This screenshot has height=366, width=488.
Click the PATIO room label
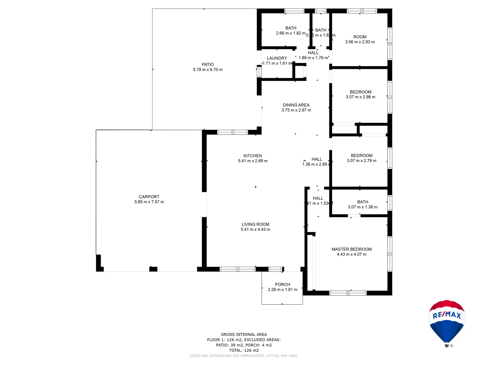[x=208, y=64]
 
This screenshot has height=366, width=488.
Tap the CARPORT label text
[x=149, y=197]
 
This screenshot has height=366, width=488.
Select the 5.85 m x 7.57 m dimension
[x=149, y=202]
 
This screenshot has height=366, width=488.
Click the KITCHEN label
[x=253, y=156]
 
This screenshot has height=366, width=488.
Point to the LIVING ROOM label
[x=256, y=224]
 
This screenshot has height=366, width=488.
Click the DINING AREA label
[x=296, y=105]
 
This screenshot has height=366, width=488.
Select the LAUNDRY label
[x=277, y=58]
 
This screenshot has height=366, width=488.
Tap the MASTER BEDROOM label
[x=351, y=249]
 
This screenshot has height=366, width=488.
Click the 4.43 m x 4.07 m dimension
[x=351, y=255]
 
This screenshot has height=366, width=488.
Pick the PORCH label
[x=283, y=285]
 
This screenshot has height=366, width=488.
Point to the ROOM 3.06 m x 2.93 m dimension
[x=360, y=42]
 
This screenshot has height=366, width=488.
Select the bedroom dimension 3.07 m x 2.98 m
[x=361, y=97]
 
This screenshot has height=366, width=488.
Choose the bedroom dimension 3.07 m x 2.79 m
[x=362, y=161]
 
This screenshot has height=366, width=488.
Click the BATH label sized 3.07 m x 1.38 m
[x=363, y=202]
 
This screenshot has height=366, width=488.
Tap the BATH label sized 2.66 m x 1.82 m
[x=291, y=28]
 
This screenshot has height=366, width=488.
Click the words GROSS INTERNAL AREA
[x=244, y=334]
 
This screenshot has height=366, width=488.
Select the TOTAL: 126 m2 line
[x=244, y=350]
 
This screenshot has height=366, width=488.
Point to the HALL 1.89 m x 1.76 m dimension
[x=313, y=58]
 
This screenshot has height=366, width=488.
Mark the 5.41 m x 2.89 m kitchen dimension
[x=253, y=161]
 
